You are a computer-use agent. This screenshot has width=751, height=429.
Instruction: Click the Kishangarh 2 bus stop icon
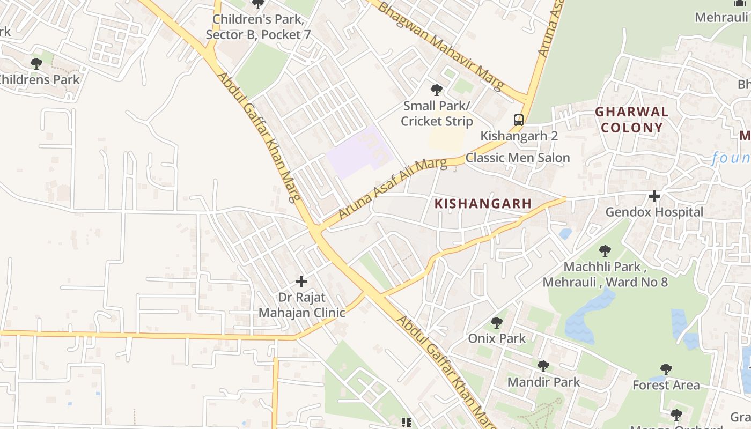(x=518, y=120)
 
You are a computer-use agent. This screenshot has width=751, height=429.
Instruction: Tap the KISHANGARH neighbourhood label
(x=483, y=204)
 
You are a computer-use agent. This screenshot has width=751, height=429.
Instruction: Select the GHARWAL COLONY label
(x=632, y=120)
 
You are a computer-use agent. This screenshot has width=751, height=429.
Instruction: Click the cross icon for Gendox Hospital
(x=654, y=196)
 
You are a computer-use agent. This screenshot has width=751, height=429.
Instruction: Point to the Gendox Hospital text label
(x=654, y=212)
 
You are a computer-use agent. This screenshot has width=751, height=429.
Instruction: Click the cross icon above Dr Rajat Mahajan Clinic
(x=301, y=281)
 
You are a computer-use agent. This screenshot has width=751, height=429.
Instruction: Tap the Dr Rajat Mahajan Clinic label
(x=301, y=304)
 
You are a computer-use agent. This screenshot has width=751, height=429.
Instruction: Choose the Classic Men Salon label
(x=517, y=158)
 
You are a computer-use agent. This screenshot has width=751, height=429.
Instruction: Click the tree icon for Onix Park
(x=497, y=323)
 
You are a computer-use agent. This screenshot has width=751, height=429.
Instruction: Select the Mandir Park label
(x=543, y=382)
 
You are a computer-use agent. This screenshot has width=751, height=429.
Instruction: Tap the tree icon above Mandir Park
(x=543, y=366)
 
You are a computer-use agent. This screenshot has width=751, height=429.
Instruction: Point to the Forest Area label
(x=666, y=385)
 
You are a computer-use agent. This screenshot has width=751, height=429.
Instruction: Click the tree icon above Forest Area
(x=666, y=369)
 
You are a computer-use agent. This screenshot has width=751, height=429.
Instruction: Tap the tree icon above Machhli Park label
(x=605, y=250)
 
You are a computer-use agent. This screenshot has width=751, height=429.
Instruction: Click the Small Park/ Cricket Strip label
(x=437, y=113)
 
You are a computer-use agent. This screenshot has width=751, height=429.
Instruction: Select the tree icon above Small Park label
(x=437, y=90)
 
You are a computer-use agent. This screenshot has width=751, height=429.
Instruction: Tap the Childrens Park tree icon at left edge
(x=36, y=64)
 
